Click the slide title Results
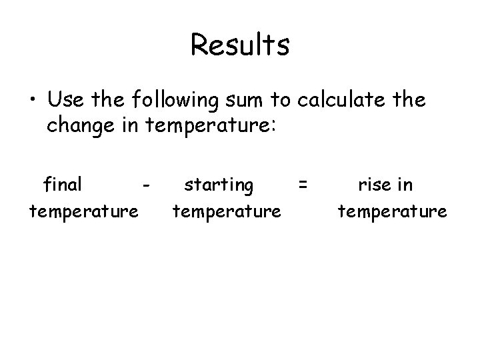[x=239, y=45]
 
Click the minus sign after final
[x=146, y=184]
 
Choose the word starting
[x=219, y=185]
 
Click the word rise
[x=374, y=184]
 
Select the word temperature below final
[x=83, y=213]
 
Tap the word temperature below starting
[x=227, y=213]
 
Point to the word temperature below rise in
[x=392, y=213]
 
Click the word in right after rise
[x=405, y=184]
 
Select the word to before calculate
[x=280, y=100]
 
